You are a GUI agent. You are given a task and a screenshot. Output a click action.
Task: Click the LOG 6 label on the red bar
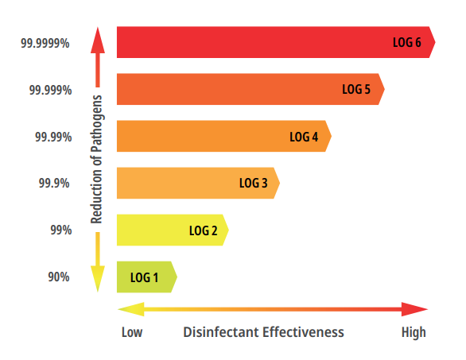coord(406,42)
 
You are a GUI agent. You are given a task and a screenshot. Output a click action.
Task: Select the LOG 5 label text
coord(356,89)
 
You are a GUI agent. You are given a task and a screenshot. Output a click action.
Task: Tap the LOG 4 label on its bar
coord(304,137)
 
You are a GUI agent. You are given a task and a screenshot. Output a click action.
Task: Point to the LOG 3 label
coord(253,184)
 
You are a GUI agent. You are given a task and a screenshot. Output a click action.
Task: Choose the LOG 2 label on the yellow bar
coord(203,230)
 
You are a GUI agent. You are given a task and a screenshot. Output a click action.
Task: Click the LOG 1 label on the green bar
coord(145,277)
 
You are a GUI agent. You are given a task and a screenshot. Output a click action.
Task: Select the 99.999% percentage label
coord(49,90)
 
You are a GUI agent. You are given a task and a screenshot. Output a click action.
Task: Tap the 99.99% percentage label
coord(52,137)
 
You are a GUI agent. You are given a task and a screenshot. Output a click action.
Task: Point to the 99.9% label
coord(55,184)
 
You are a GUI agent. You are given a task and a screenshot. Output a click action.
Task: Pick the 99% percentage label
coord(60,230)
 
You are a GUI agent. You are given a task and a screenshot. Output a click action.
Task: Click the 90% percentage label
coord(60,277)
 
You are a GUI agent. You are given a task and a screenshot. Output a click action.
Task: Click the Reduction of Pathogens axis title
coord(97,162)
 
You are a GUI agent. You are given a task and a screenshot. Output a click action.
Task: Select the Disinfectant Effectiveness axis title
coord(263,331)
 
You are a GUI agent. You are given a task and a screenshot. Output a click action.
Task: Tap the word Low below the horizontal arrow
coord(131,331)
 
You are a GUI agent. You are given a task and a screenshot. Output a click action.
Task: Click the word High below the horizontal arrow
coord(413,331)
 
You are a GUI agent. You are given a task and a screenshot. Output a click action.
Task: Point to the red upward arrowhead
coord(97,37)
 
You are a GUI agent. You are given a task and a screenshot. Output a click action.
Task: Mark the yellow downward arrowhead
coord(97,281)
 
